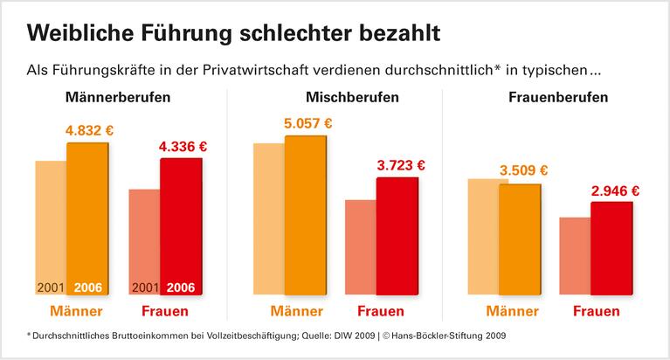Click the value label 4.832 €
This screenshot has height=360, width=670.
click(90, 131)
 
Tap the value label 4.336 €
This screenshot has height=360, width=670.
click(183, 147)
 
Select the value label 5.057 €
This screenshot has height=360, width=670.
click(308, 122)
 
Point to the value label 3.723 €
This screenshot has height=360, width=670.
click(400, 164)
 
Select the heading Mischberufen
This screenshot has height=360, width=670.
click(352, 97)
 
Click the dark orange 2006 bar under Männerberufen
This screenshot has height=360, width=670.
click(87, 218)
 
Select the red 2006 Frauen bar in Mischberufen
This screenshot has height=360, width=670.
click(397, 236)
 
